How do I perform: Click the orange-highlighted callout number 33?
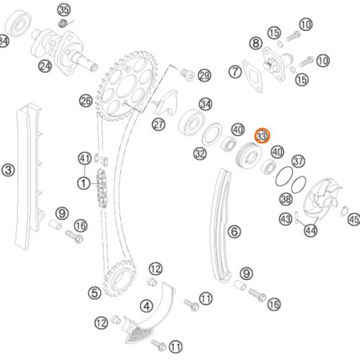tap(262, 135)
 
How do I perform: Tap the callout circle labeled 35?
tap(64, 9)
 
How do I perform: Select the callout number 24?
tap(45, 67)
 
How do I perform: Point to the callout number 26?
tap(86, 101)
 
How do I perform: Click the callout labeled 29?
tap(204, 76)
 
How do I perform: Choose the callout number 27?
tap(158, 124)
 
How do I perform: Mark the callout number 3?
tap(8, 171)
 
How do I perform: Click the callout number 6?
tap(233, 231)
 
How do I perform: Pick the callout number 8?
tap(256, 44)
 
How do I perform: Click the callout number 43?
tap(286, 218)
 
